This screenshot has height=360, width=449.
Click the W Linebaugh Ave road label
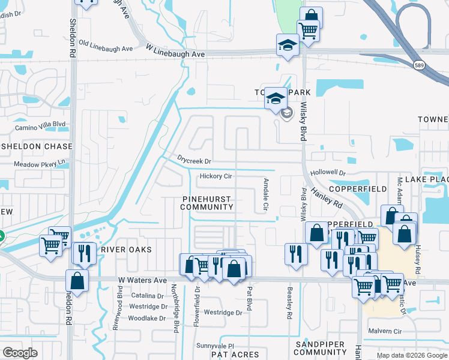[173, 54]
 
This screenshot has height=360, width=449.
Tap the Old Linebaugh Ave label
[106, 46]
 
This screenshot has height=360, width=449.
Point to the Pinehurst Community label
[206, 202]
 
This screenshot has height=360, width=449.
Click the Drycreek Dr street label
[194, 161]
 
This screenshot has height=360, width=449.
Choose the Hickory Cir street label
[216, 176]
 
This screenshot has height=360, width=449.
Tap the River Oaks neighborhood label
[126, 249]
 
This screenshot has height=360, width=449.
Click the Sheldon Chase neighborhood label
[36, 146]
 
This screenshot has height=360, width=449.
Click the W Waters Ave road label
[142, 280]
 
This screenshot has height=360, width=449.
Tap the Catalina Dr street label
[148, 296]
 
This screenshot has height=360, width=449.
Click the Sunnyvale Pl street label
[214, 346]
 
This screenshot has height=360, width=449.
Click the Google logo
[20, 353]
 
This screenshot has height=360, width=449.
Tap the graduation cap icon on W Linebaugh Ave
[288, 46]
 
